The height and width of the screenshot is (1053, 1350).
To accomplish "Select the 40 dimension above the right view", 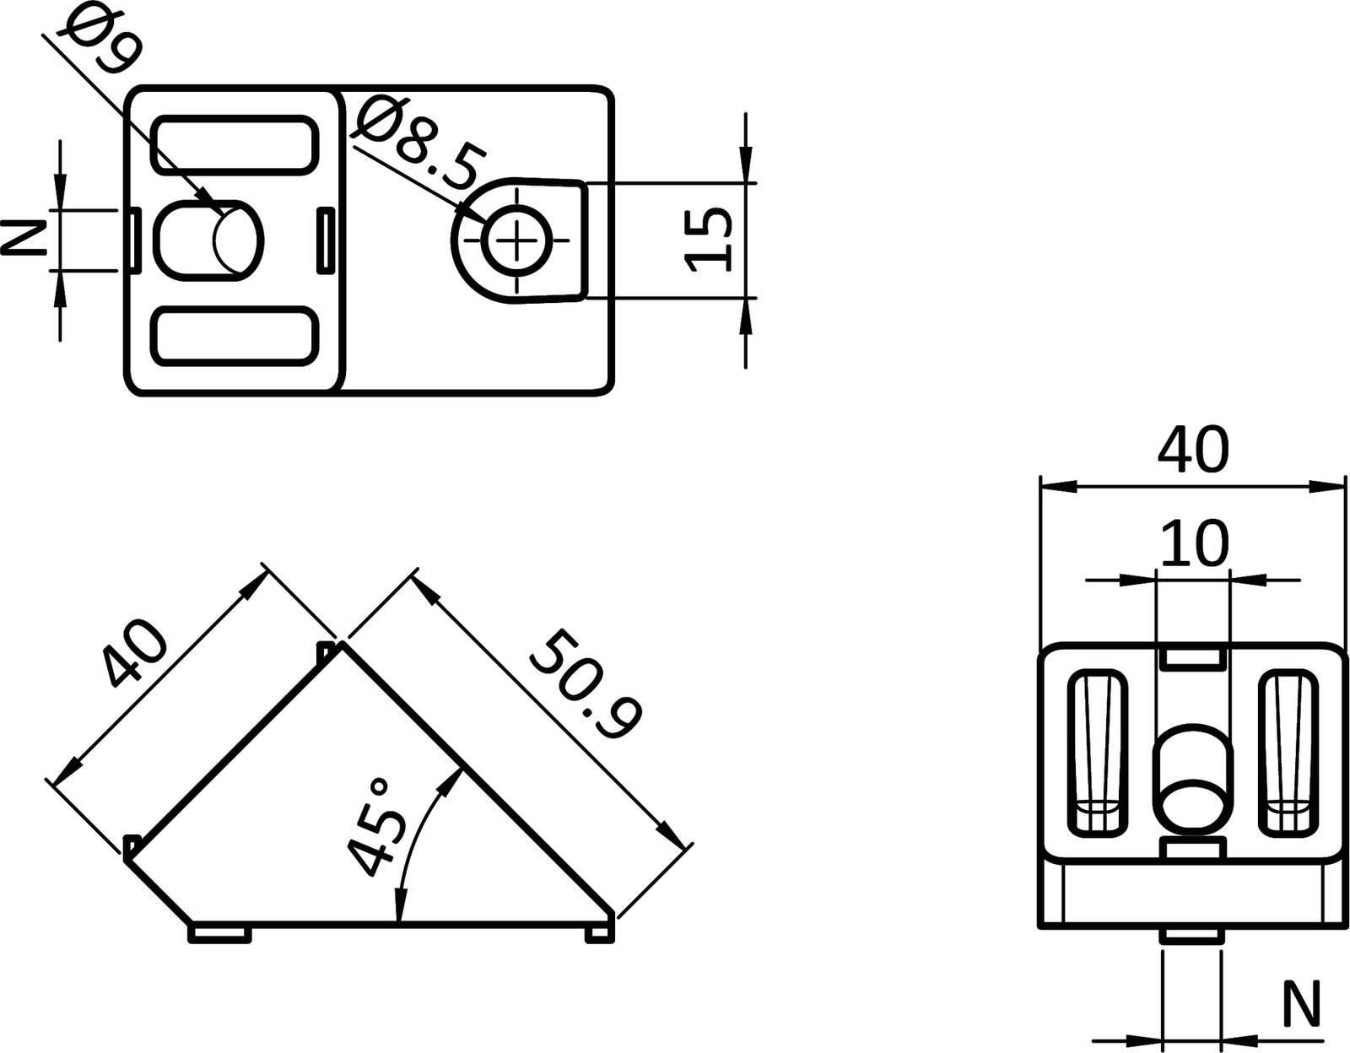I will (1193, 451).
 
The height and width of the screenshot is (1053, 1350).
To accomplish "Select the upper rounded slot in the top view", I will (235, 146).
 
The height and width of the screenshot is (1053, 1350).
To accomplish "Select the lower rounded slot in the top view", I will (235, 336).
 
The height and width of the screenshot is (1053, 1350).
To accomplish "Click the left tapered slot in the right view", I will (1098, 753).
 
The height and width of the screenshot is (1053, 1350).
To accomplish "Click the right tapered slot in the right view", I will (1288, 753).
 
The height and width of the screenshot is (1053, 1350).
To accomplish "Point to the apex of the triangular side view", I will (342, 647).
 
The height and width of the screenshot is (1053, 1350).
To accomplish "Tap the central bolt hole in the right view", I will (1191, 776).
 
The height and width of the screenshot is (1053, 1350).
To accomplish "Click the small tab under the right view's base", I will (1191, 937).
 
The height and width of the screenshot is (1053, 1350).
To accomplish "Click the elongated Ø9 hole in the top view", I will (209, 240).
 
